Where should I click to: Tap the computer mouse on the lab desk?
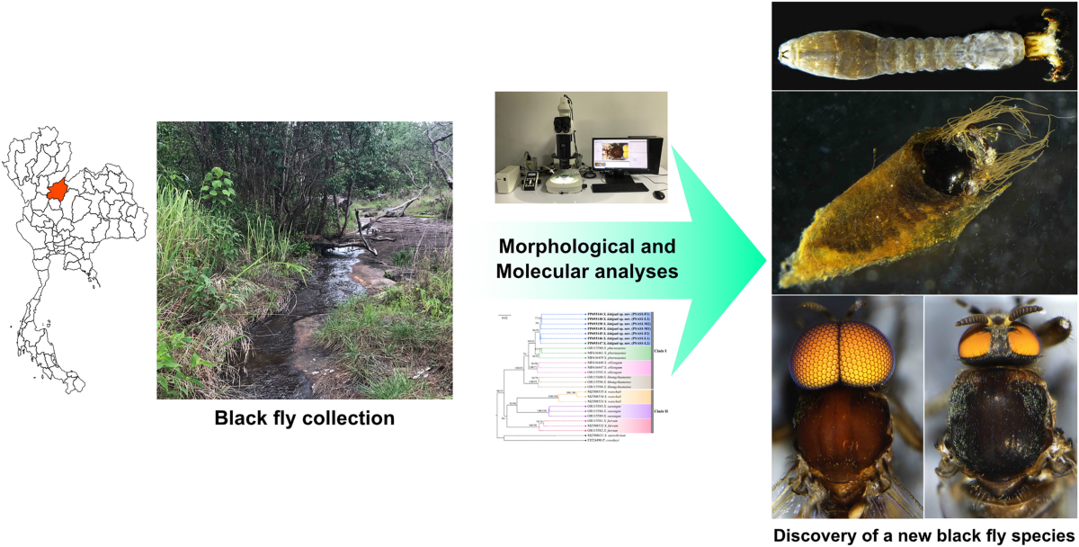(659, 195)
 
